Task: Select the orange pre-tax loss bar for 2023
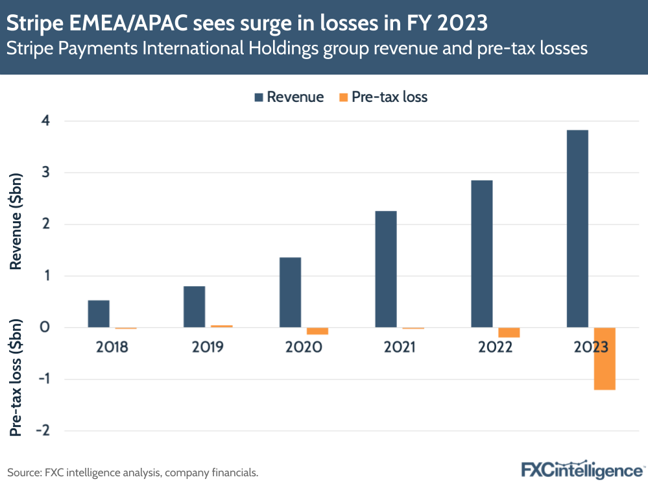pos(604,359)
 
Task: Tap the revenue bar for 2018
pos(99,314)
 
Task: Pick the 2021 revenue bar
pos(386,269)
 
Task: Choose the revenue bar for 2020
pos(290,293)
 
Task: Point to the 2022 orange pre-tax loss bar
pos(509,333)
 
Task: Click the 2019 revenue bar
pos(194,307)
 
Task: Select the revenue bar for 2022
pos(482,254)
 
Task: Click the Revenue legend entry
pos(289,97)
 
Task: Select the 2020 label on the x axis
pos(304,346)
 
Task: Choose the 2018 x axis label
pos(112,346)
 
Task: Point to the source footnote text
pos(133,472)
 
